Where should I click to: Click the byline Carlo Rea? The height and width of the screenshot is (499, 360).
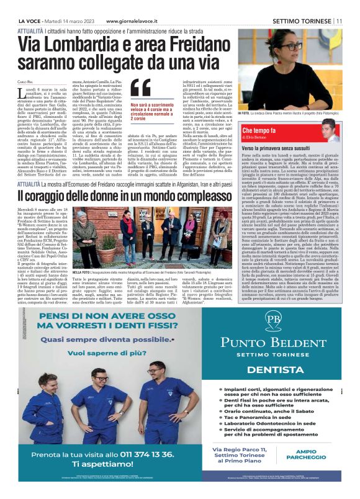pos(25,81)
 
